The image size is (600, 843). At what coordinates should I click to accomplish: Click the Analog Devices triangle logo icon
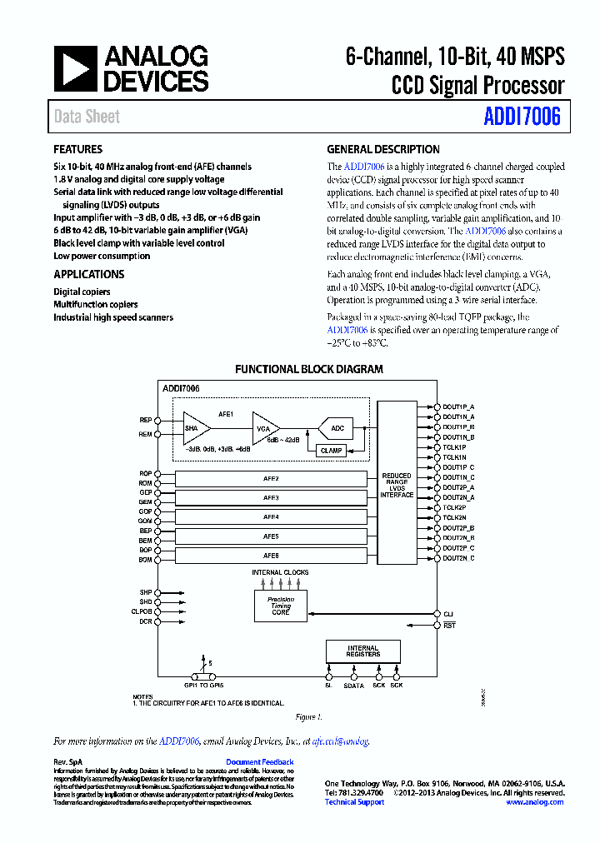[76, 68]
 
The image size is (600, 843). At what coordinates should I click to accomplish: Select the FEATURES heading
[78, 150]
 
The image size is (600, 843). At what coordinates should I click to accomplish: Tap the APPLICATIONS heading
[89, 274]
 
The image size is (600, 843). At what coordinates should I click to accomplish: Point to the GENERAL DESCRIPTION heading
[382, 150]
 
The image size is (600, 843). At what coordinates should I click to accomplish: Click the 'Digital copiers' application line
[82, 292]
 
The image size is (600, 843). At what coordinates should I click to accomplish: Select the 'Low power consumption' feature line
[102, 256]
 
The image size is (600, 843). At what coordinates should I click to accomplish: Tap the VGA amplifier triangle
[265, 427]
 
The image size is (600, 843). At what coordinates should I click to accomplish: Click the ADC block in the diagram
[337, 428]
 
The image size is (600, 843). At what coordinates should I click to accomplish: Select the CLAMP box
[331, 451]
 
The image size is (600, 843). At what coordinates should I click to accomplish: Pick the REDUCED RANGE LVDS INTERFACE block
[397, 486]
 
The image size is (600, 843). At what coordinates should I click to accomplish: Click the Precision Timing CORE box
[280, 606]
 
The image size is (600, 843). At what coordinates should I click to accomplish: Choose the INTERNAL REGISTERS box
[362, 651]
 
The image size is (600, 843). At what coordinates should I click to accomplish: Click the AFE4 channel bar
[271, 517]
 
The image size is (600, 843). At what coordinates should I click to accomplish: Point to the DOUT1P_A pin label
[458, 406]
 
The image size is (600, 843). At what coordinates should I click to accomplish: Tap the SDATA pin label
[354, 686]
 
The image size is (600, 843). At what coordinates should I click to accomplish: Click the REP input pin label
[146, 420]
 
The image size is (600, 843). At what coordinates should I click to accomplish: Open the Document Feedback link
[259, 762]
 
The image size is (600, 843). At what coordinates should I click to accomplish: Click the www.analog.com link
[534, 802]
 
